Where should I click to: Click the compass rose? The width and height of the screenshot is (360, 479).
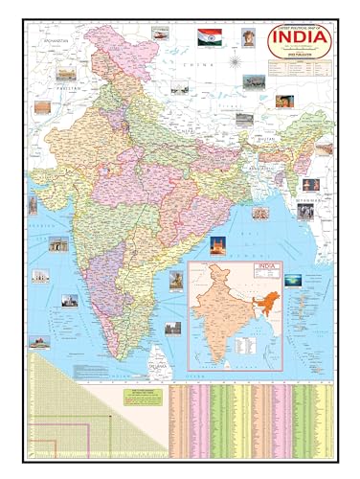236,64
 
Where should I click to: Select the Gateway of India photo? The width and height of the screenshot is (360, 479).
58,244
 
